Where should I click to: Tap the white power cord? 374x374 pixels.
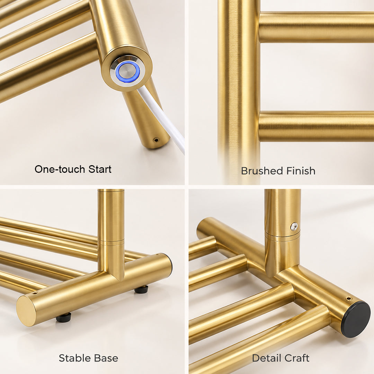coord(162,119)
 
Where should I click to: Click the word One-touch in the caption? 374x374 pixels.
coord(60,169)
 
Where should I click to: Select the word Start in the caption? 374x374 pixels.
coord(100,169)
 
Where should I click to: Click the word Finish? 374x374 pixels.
coord(301,171)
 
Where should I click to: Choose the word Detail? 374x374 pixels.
coord(267,358)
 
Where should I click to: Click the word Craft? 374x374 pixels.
coord(297,358)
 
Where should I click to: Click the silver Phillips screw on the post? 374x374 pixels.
coord(295,226)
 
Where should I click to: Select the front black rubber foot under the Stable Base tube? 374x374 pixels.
coord(64,318)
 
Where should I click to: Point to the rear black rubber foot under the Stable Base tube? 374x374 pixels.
coord(141,289)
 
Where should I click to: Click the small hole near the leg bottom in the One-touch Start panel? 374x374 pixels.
coord(156,140)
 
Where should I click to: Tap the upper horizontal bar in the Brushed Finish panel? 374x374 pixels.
coord(316,27)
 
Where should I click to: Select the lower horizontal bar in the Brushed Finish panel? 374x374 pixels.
coord(316,126)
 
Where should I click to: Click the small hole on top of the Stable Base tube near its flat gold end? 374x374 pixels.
coord(35,292)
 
